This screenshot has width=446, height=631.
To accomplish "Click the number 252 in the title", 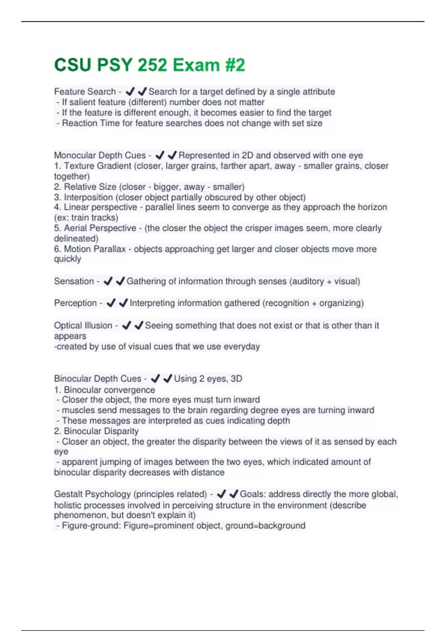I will click(x=152, y=65).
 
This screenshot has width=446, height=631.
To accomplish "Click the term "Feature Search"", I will click(x=85, y=92).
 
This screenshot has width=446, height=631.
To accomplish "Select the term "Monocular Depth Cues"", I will click(x=100, y=155).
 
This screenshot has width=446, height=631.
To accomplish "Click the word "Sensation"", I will click(x=74, y=281).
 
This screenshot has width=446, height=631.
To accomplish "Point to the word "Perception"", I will click(x=75, y=303).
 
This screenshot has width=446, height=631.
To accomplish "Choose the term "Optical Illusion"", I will click(x=83, y=326).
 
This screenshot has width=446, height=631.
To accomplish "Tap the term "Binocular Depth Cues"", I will click(x=98, y=379).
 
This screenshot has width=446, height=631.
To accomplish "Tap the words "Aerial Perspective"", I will click(x=100, y=228).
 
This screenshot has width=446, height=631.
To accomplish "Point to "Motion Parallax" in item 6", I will click(x=95, y=249).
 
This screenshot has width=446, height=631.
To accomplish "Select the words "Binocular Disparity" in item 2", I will click(x=101, y=431).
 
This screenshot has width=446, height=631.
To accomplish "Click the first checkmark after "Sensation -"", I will click(x=108, y=281).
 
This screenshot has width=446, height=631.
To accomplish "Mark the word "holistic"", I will click(x=68, y=505).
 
